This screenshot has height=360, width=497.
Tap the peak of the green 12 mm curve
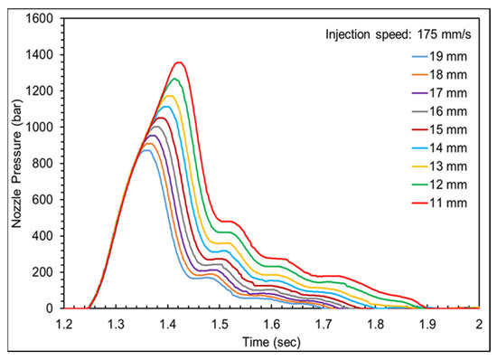point(174,79)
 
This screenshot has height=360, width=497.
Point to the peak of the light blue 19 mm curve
point(145,150)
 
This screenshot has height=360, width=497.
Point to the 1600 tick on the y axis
point(40,18)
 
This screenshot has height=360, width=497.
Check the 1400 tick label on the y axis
point(40,54)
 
